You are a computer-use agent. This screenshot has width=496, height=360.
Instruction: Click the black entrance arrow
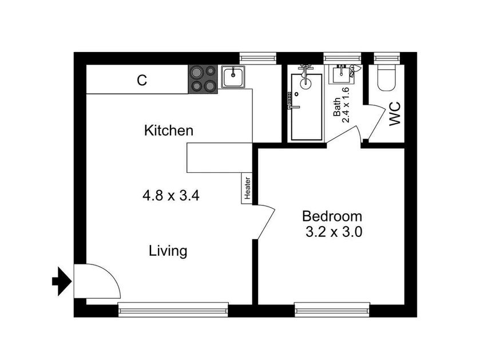62,281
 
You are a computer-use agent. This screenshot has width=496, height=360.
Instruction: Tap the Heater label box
247,188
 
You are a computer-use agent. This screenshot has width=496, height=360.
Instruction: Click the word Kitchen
169,130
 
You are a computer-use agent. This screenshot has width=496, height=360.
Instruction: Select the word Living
168,251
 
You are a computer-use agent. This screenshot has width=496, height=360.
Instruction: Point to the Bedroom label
332,216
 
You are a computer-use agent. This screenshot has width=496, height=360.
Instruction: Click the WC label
395,113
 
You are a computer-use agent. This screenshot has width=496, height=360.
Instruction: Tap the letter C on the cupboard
142,80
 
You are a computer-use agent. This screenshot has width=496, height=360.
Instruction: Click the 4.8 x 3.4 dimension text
171,196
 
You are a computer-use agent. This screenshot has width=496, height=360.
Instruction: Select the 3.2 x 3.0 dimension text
334,232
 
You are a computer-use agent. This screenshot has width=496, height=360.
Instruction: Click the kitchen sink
233,77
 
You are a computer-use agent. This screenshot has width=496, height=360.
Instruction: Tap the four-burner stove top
203,79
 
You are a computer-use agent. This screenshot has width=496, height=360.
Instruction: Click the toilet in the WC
386,77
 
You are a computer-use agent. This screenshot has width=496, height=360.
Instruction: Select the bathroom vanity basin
341,74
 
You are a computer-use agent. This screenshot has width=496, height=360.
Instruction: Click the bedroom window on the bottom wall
332,310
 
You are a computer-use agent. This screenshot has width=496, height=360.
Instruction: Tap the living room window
173,310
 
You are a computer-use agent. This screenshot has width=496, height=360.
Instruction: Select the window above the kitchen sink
258,58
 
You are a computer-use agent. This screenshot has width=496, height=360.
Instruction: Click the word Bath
337,107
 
